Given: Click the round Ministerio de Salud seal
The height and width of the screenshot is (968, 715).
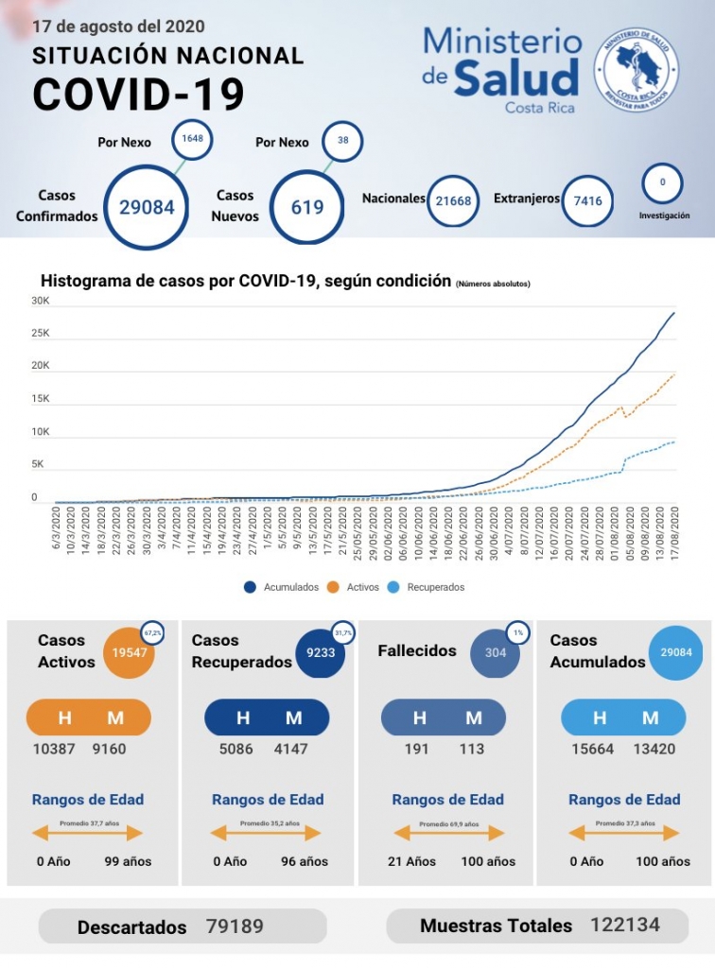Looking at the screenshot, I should (x=636, y=69).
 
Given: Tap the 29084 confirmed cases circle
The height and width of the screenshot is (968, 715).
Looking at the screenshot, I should (x=147, y=206).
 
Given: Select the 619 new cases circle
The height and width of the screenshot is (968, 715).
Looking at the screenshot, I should (x=307, y=206).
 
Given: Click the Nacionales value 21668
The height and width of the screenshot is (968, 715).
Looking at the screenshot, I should (x=453, y=200).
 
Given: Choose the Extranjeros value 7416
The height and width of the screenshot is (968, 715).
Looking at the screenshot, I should (x=587, y=200).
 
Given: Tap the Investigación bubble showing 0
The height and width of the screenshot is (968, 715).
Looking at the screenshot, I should (x=662, y=181).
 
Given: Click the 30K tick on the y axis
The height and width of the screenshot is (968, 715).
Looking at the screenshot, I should (x=41, y=301).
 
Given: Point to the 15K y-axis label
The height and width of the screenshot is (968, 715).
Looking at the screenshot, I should (x=41, y=399).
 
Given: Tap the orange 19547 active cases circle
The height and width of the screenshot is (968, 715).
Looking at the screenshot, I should (x=130, y=652).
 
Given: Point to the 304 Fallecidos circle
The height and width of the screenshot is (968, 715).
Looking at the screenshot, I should (x=496, y=652).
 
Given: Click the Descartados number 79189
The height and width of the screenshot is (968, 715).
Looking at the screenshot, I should (x=235, y=926).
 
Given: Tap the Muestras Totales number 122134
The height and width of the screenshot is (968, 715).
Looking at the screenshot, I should (x=625, y=925).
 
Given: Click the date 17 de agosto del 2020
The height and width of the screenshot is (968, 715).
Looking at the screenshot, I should (x=118, y=27).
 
